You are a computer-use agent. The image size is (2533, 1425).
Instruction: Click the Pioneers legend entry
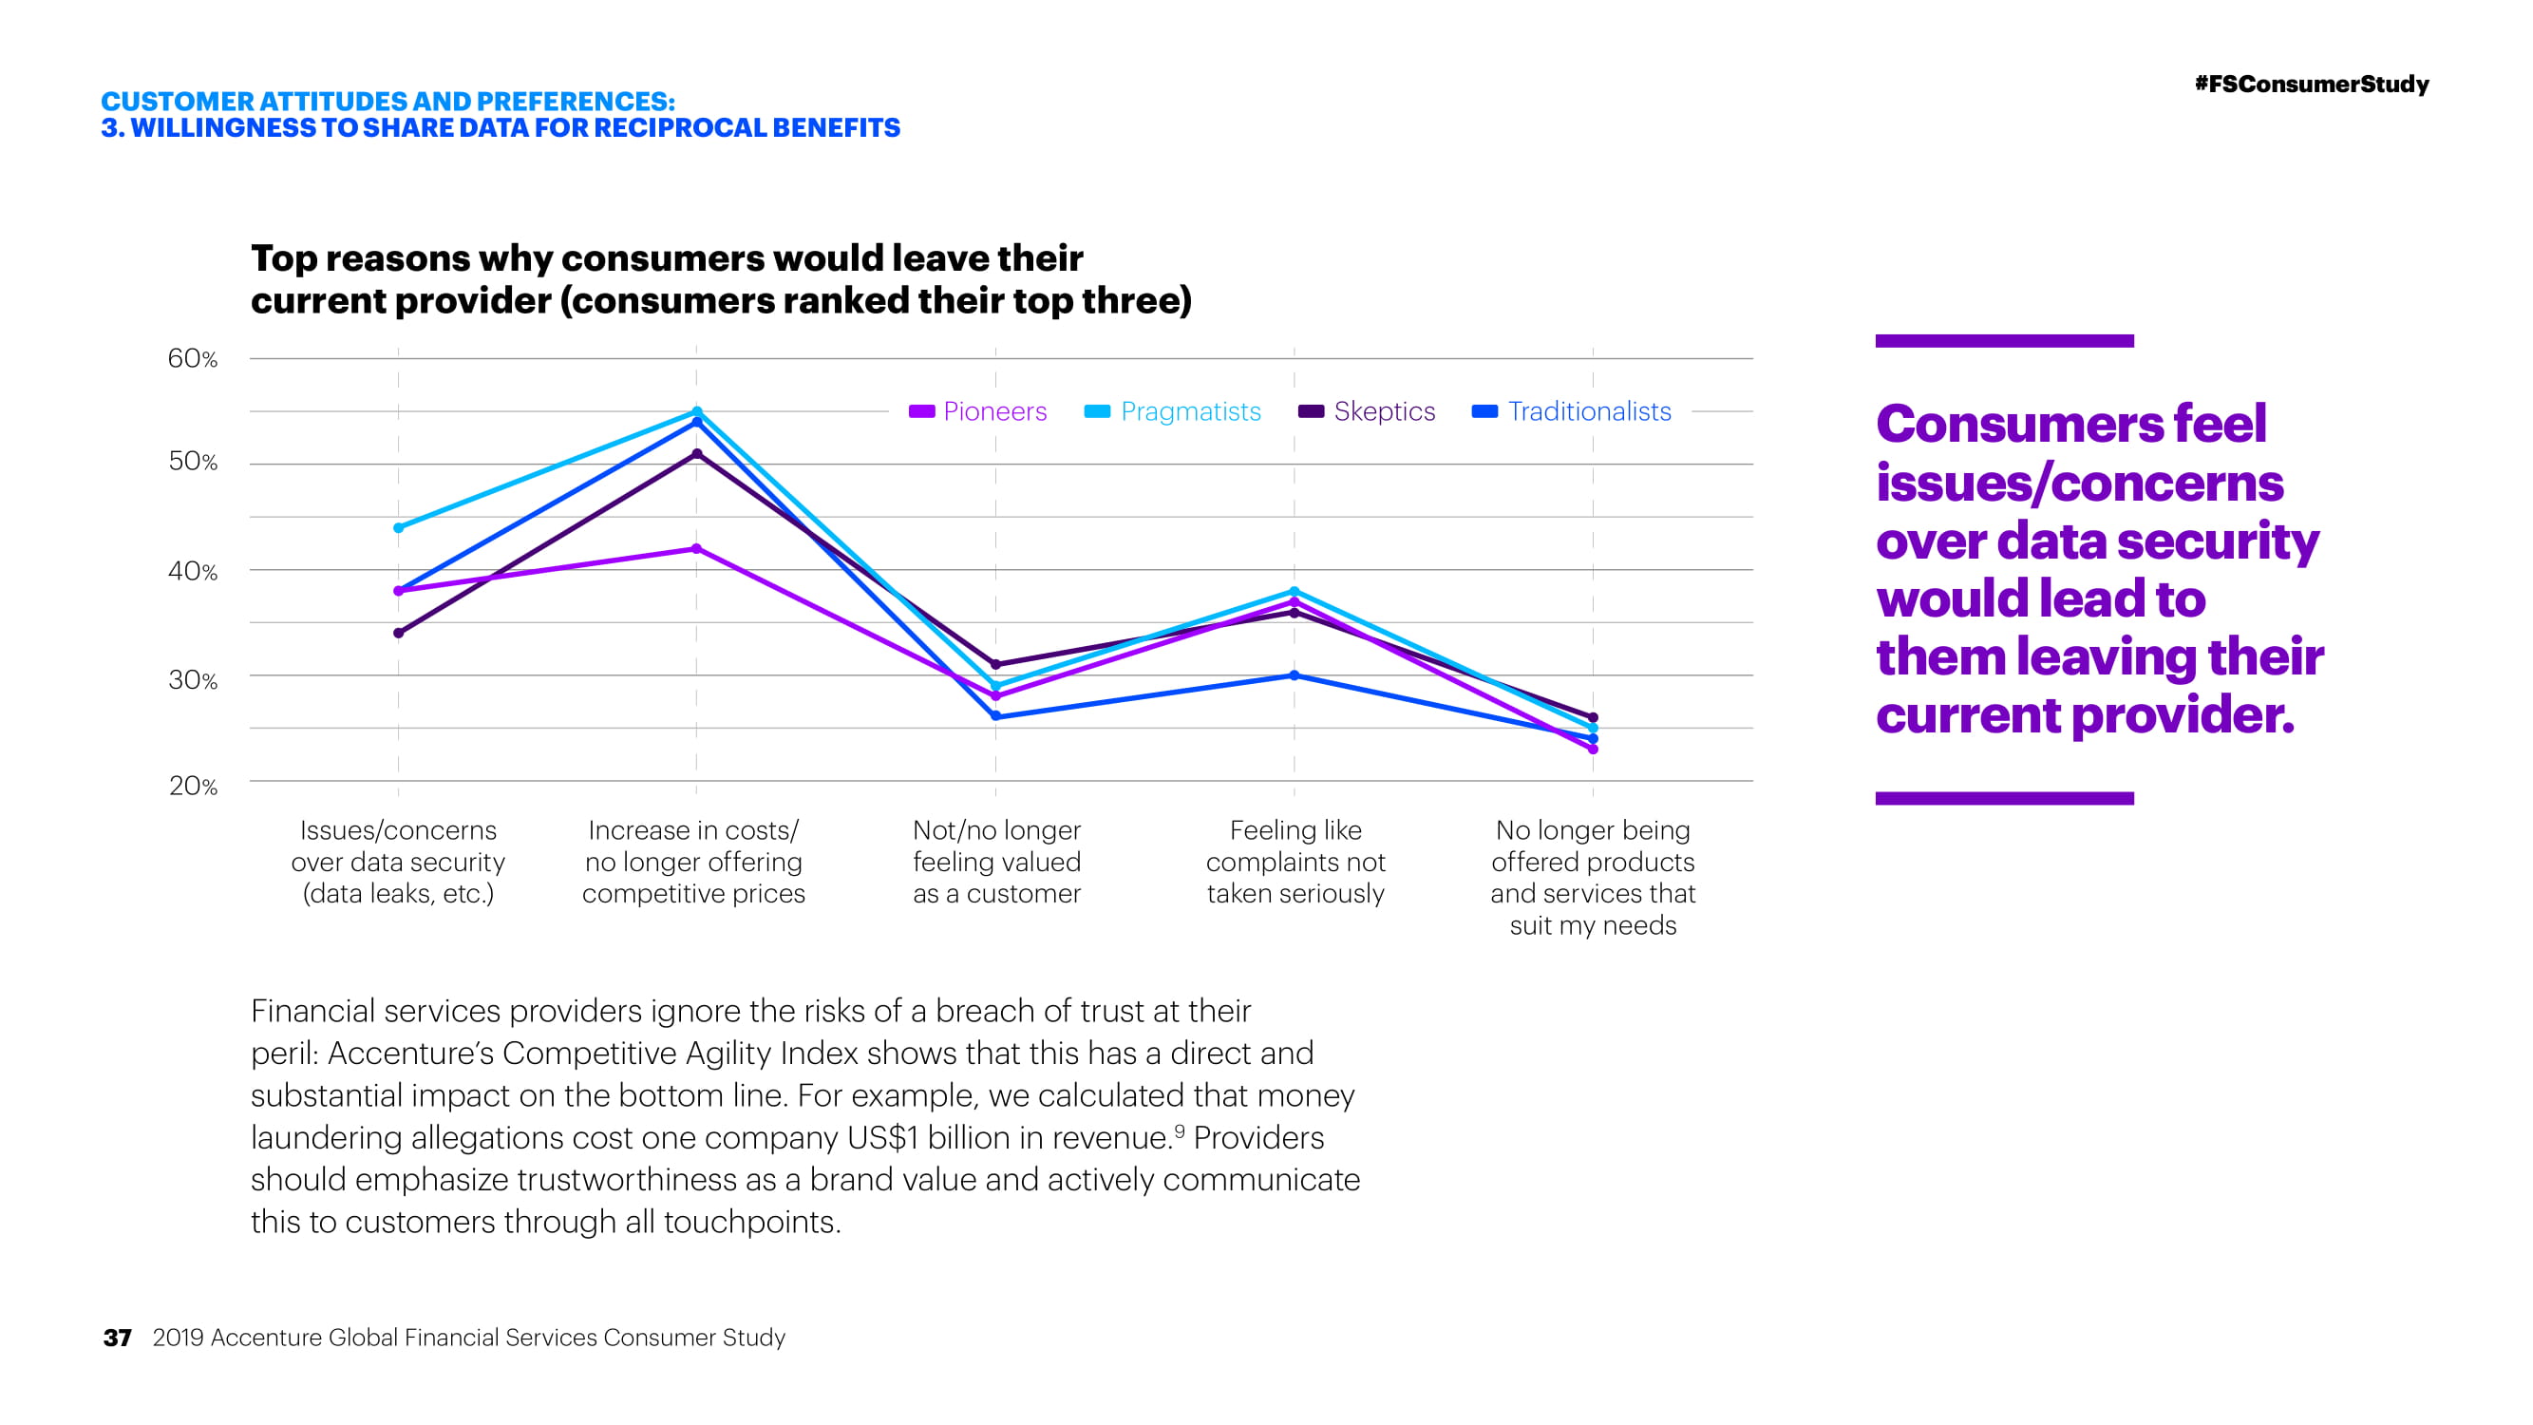(x=978, y=411)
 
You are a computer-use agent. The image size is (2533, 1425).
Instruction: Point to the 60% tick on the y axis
(x=193, y=358)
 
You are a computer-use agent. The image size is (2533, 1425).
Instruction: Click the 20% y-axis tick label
(x=193, y=786)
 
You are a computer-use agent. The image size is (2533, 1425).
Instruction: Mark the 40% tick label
(x=193, y=570)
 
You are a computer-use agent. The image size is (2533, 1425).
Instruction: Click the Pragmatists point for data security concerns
(x=398, y=528)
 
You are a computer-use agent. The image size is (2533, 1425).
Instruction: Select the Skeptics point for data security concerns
(x=398, y=634)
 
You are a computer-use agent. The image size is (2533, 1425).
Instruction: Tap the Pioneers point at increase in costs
(x=696, y=549)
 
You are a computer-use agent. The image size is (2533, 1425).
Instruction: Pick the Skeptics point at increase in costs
(x=696, y=453)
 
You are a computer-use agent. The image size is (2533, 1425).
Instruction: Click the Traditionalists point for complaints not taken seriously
(x=1294, y=675)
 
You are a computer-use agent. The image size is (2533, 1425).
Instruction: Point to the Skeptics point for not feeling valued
(x=995, y=665)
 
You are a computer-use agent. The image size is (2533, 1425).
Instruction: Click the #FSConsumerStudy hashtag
(x=2311, y=85)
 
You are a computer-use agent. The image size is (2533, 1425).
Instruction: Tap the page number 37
(x=117, y=1338)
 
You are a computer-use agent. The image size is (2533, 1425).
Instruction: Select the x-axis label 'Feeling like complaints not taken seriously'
(x=1295, y=862)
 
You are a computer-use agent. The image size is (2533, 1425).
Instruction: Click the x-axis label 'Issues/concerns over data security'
(x=398, y=862)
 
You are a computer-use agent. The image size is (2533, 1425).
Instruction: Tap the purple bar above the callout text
(x=2004, y=341)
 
